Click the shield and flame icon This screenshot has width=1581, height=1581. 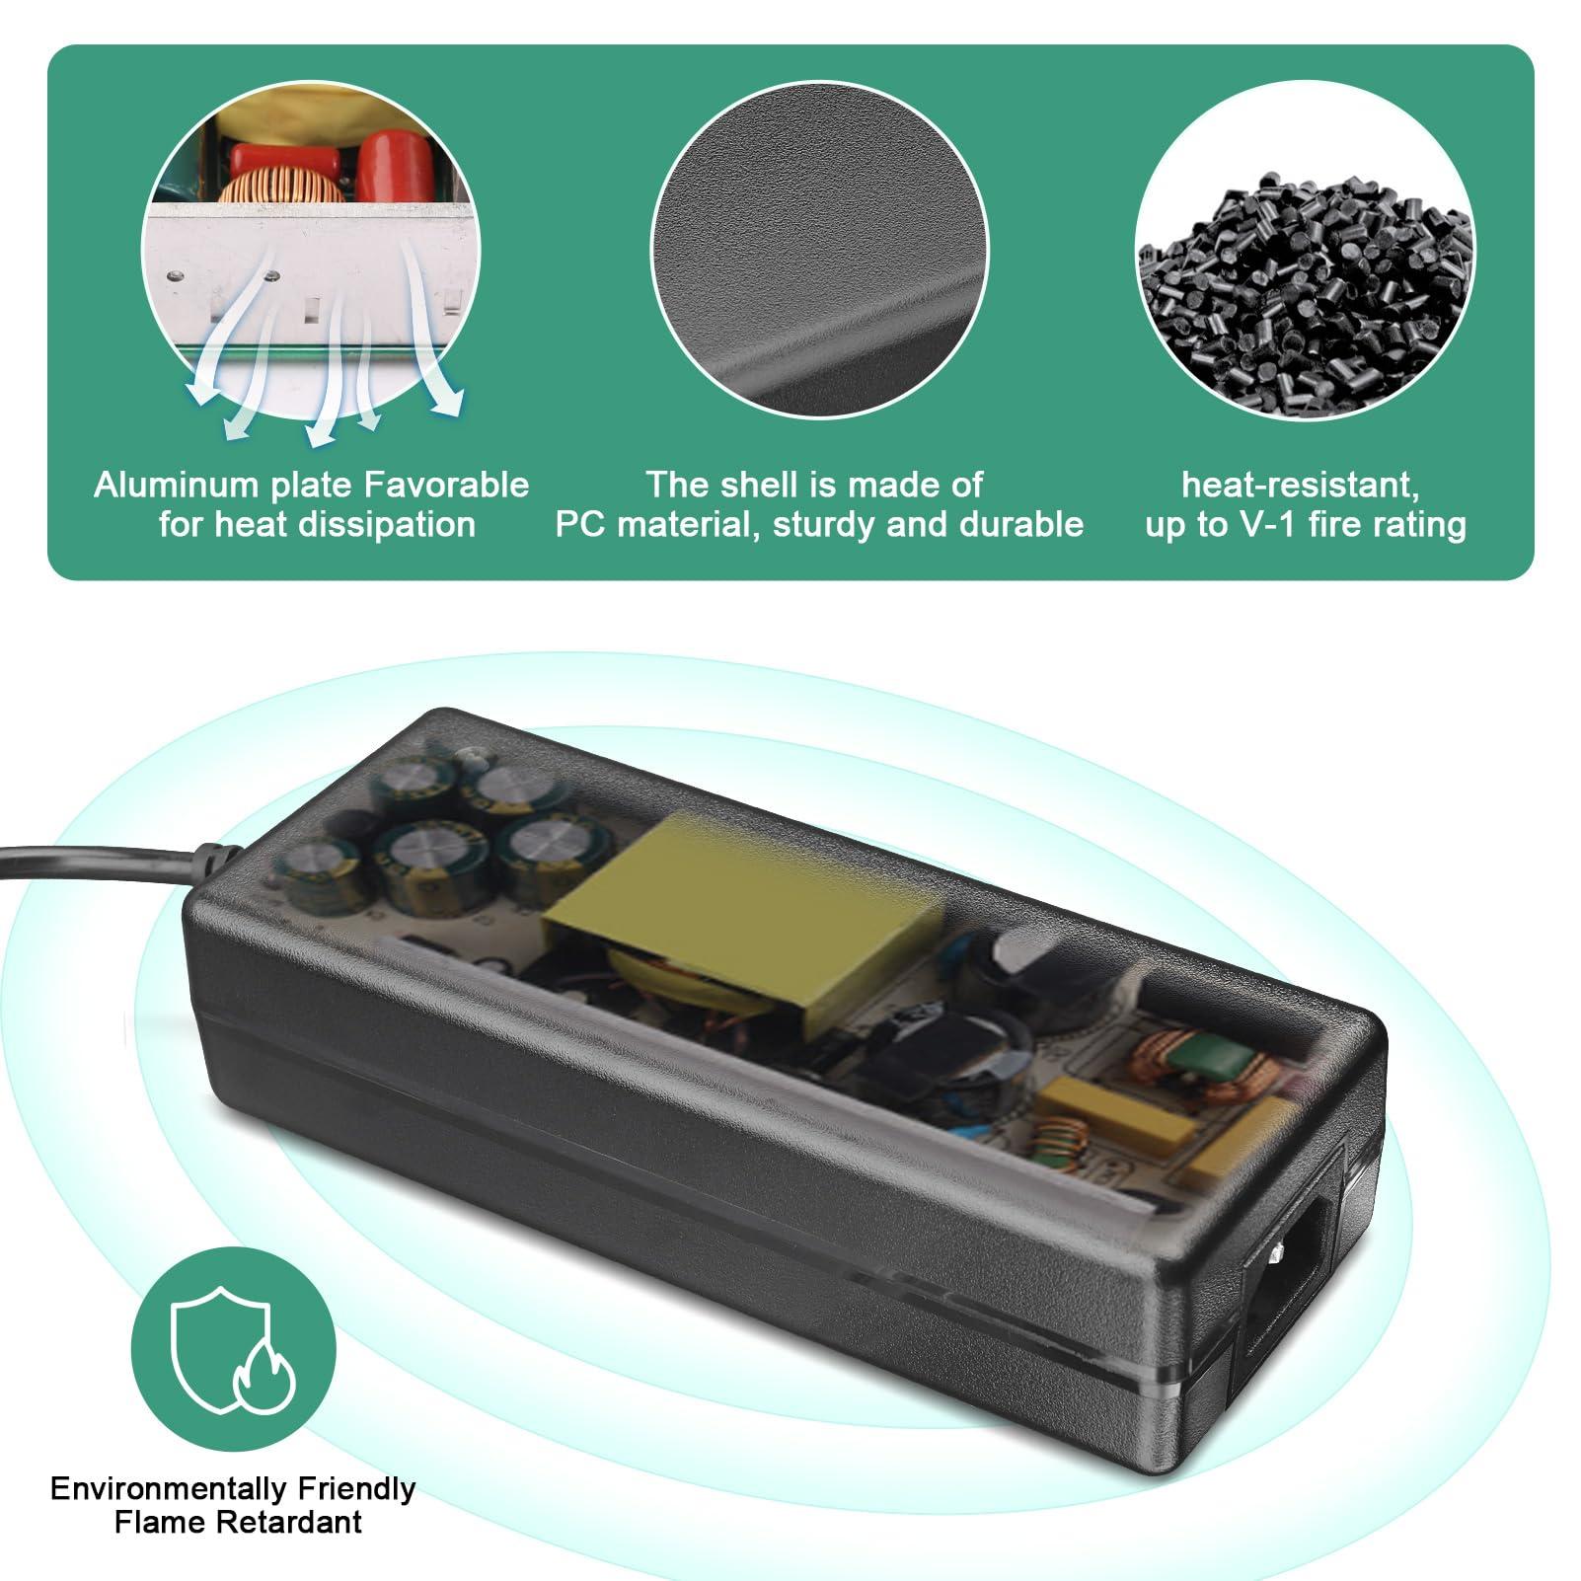tap(234, 1350)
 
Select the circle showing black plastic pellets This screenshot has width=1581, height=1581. tap(1304, 252)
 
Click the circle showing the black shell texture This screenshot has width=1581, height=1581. tap(819, 250)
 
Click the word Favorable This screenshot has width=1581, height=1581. tap(446, 485)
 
